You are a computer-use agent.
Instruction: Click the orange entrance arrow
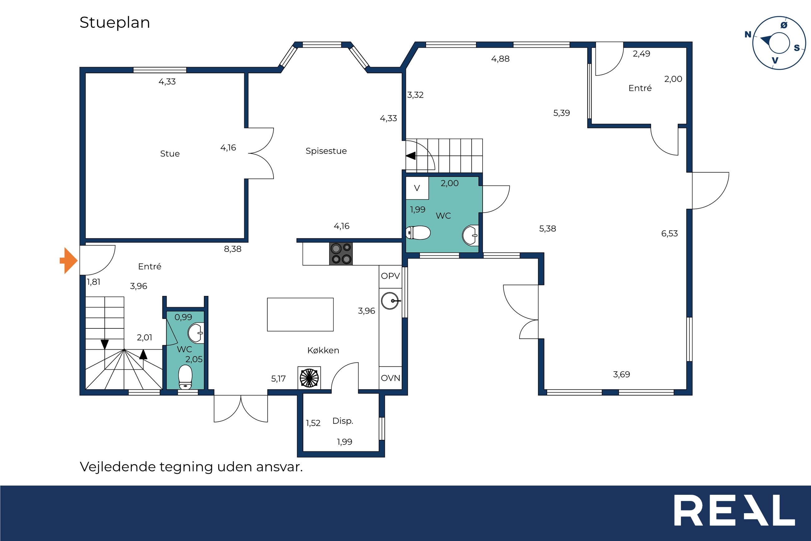[69, 260]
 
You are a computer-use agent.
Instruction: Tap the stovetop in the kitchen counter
[341, 253]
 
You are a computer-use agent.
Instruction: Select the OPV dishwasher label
[390, 276]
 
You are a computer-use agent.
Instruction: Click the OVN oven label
[390, 378]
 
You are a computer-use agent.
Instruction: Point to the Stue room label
[170, 154]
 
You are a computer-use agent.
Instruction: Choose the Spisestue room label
[326, 151]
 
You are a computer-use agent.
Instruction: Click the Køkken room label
[323, 351]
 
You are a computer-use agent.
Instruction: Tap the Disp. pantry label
[342, 421]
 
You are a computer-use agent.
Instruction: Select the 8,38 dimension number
[233, 249]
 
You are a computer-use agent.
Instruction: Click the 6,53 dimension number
[669, 234]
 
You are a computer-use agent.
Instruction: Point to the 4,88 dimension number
[500, 59]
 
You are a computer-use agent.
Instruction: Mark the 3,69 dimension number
[621, 374]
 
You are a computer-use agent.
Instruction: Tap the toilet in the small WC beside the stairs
[185, 377]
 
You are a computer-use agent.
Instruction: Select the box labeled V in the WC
[417, 188]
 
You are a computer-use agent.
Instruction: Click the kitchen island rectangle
[300, 315]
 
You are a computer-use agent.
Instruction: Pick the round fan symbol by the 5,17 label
[309, 378]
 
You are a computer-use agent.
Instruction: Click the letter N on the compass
[748, 35]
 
